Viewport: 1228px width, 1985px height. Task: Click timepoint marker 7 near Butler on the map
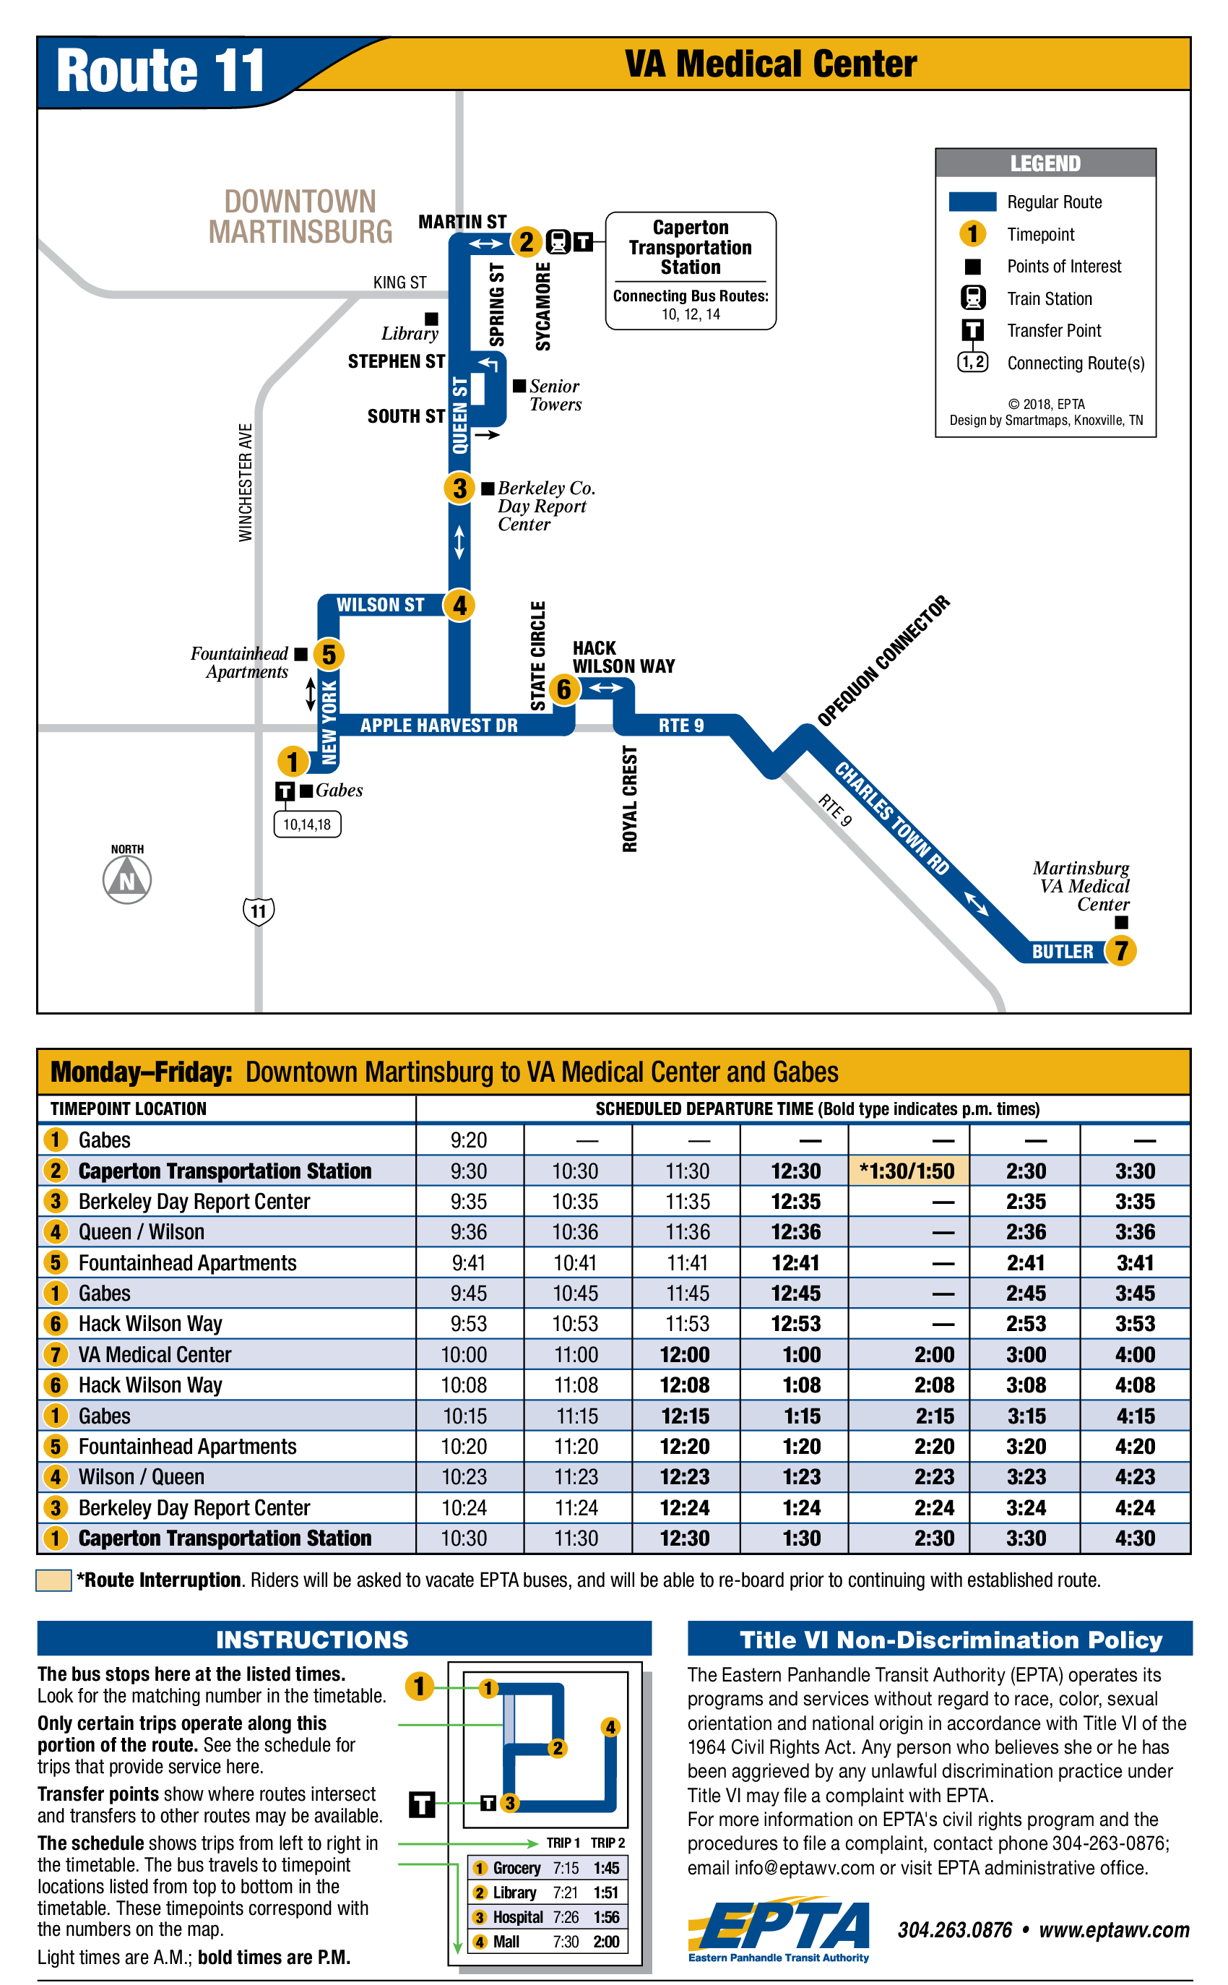tap(1121, 950)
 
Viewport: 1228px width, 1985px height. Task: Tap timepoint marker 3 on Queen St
tap(459, 488)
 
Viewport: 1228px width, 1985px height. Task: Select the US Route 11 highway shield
tap(259, 910)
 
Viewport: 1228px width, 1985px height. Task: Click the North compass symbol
tap(128, 879)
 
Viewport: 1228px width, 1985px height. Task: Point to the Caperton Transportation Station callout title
tap(691, 247)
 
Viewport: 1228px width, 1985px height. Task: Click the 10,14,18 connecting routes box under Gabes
tap(307, 824)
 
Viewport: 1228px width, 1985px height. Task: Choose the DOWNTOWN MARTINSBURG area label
tap(300, 216)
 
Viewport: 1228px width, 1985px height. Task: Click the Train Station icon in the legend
tap(972, 298)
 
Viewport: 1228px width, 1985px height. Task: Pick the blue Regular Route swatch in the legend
tap(972, 202)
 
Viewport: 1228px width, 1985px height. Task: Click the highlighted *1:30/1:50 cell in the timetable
tap(908, 1171)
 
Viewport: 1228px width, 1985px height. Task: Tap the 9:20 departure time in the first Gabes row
tap(469, 1140)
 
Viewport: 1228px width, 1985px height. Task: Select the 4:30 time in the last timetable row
tap(1135, 1538)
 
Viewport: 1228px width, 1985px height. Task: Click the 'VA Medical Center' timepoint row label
tap(155, 1355)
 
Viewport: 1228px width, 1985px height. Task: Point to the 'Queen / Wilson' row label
tap(142, 1232)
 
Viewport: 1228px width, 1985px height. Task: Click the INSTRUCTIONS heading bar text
tap(312, 1640)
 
